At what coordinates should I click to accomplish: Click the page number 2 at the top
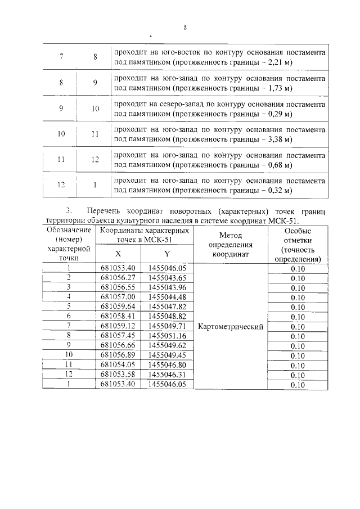click(184, 28)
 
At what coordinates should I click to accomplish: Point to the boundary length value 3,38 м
click(279, 139)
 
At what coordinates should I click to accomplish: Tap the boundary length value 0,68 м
click(279, 165)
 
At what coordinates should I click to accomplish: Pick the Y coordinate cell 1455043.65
click(168, 277)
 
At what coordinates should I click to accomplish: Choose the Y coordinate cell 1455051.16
click(168, 336)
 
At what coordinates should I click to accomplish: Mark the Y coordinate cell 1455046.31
click(168, 375)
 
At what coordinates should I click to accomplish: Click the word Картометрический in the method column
click(231, 326)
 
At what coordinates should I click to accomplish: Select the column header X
click(118, 254)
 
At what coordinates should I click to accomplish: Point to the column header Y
click(167, 254)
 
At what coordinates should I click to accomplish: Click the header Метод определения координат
click(231, 244)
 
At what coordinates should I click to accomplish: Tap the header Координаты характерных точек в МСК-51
click(142, 235)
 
